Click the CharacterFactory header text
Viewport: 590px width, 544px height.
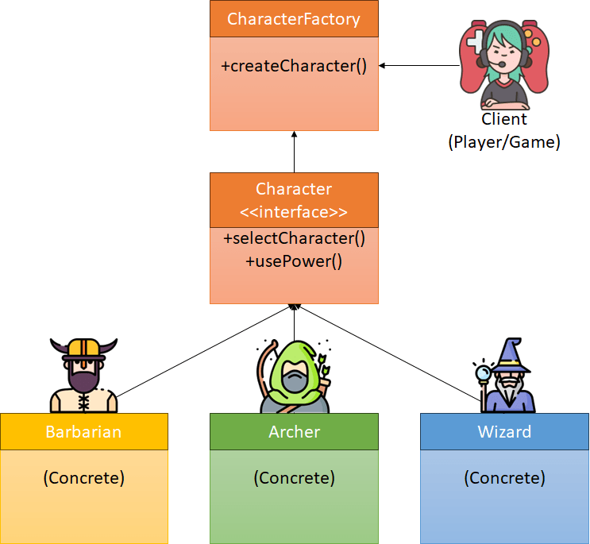(294, 19)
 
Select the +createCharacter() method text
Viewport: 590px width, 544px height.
(294, 65)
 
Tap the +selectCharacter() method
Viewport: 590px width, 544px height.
(294, 238)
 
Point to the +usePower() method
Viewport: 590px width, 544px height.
(294, 260)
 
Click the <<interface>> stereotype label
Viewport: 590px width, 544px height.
(294, 212)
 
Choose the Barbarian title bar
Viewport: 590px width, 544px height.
(83, 432)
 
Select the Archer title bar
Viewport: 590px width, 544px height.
(294, 432)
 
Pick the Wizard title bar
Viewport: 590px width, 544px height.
(504, 432)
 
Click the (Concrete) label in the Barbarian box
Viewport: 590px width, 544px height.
(83, 478)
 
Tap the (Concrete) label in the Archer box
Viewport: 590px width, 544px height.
(294, 478)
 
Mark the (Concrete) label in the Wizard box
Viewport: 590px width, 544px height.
(504, 478)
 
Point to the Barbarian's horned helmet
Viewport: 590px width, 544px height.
(83, 349)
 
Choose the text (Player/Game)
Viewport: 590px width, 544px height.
(504, 142)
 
